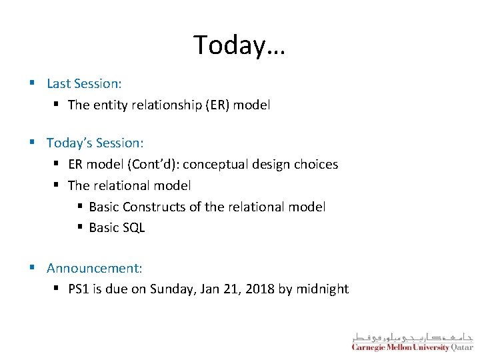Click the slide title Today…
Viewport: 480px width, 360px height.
pos(239,45)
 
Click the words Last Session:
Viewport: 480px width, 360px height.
pos(84,84)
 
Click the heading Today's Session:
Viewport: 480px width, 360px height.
pos(95,143)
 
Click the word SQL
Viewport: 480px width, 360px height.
pos(133,228)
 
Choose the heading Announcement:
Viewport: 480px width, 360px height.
pos(94,268)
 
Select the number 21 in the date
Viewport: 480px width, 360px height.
pos(233,289)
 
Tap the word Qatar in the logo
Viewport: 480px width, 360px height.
pos(462,347)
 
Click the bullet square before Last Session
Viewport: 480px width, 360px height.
pos(32,84)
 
